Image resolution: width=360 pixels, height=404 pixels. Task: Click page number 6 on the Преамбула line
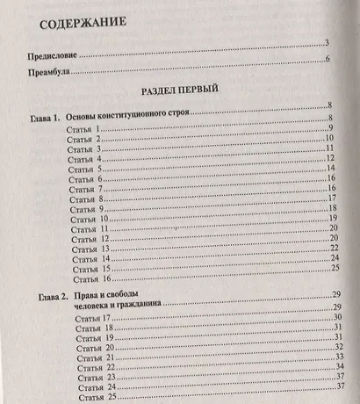(328, 60)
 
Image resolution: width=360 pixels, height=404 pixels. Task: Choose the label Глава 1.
(42, 117)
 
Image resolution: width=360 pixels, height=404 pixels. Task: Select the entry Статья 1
(85, 129)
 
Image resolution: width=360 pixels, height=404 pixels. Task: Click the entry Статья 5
(86, 169)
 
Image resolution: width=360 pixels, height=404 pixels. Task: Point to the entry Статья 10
(87, 219)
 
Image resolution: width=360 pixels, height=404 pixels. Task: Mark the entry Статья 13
(88, 249)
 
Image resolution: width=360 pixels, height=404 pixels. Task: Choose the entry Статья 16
(88, 278)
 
